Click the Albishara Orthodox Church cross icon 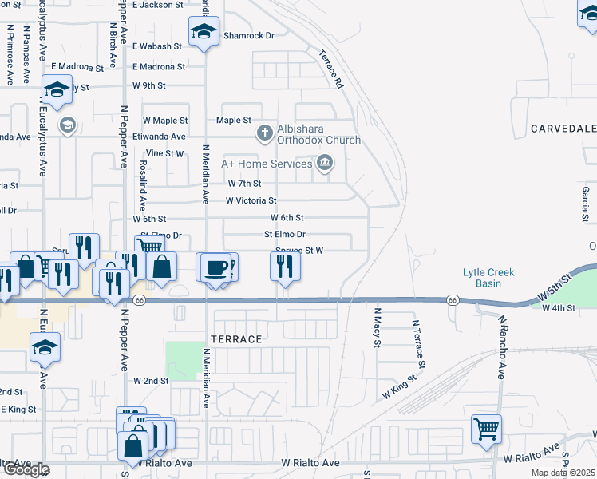click(x=265, y=133)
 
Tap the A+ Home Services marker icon click(x=325, y=164)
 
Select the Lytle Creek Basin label click(x=488, y=278)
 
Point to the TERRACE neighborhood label click(x=236, y=339)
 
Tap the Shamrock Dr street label click(x=248, y=35)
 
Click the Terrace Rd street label click(x=330, y=69)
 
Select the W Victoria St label click(x=251, y=200)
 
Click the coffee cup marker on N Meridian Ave click(x=215, y=267)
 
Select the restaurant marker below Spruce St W click(x=285, y=267)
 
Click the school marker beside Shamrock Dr click(x=204, y=33)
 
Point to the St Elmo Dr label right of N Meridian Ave click(x=285, y=235)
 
